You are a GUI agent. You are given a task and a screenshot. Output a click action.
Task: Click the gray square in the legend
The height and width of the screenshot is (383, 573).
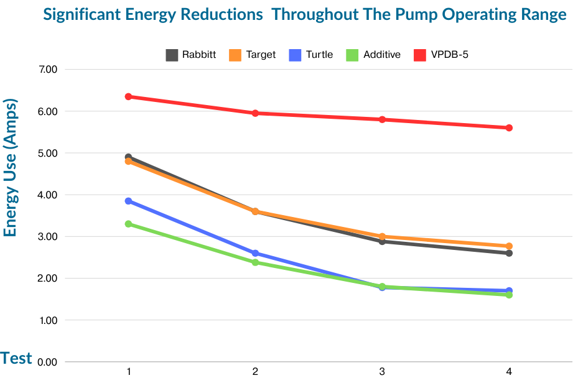(x=172, y=55)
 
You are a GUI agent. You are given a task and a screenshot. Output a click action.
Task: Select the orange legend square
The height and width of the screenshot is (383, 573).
(x=235, y=55)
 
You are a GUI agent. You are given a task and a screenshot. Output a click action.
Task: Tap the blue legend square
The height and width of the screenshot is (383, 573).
(x=295, y=55)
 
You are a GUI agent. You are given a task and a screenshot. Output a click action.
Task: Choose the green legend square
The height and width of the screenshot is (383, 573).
(x=352, y=55)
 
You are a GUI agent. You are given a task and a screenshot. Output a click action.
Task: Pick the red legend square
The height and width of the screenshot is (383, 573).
(x=420, y=55)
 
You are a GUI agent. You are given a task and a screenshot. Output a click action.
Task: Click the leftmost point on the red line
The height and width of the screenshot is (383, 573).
(x=128, y=96)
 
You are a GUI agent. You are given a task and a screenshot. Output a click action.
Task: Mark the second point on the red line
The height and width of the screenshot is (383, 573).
(x=255, y=113)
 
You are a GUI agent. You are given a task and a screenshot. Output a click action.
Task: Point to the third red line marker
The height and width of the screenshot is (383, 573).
(x=382, y=119)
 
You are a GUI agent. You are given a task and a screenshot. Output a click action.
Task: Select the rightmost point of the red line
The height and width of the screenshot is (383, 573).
(x=509, y=127)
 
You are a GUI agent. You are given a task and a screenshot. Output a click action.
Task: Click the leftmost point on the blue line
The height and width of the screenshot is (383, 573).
(x=128, y=201)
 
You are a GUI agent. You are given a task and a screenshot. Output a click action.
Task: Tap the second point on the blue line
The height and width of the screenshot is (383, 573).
(x=255, y=253)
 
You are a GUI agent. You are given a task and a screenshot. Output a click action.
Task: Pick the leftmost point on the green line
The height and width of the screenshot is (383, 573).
(x=128, y=223)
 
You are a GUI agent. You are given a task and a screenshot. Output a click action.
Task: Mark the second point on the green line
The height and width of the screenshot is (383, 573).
(x=255, y=262)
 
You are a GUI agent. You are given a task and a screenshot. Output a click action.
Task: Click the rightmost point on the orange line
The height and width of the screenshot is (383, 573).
(x=509, y=246)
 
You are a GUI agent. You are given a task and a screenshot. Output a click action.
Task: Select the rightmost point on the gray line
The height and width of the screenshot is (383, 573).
(x=509, y=253)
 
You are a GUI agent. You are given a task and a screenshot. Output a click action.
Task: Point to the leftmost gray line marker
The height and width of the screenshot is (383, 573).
(x=128, y=157)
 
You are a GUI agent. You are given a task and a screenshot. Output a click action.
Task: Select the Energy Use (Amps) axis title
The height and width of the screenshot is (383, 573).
(x=10, y=167)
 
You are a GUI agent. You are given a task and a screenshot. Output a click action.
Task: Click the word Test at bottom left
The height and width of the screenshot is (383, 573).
(x=16, y=359)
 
